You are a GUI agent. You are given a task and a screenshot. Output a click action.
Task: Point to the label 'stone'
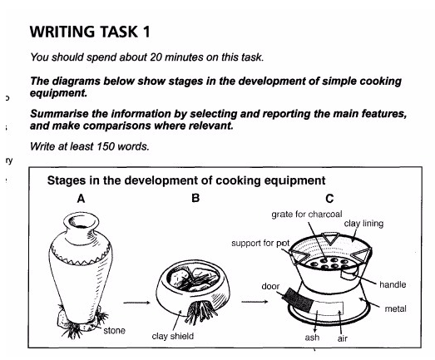pos(114,331)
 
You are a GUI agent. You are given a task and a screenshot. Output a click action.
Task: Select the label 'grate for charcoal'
pos(307,215)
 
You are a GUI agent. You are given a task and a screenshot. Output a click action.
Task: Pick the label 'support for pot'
pos(260,244)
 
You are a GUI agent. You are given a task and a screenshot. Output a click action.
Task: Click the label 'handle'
pos(392,284)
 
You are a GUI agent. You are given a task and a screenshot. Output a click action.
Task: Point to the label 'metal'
pos(395,308)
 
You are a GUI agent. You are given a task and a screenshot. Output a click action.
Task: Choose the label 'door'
pos(270,286)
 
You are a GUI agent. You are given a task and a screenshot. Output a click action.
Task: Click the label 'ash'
pos(314,338)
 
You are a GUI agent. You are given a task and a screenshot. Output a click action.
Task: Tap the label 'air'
pos(342,338)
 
